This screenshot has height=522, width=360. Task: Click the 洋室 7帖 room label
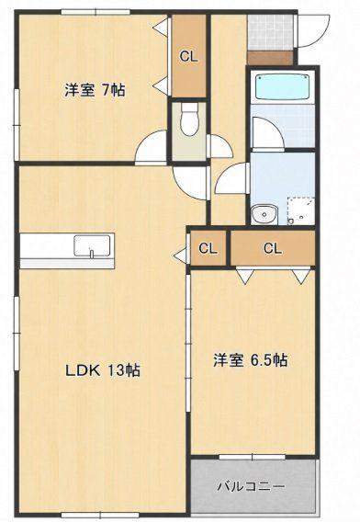[x=95, y=90]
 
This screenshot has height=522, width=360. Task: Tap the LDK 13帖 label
[x=103, y=370]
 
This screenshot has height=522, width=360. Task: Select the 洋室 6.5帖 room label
[x=251, y=360]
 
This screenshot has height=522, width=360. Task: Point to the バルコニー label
[x=252, y=487]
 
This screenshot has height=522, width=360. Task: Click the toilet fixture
[x=189, y=119]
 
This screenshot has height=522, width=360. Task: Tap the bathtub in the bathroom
[x=283, y=86]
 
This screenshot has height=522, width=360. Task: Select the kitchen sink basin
[x=92, y=246]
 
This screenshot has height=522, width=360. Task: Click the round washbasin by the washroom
[x=264, y=214]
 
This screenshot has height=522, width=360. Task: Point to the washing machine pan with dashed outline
[x=300, y=211]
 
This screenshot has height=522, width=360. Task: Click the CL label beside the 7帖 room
[x=188, y=57]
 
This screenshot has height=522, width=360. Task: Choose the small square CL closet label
[x=208, y=248]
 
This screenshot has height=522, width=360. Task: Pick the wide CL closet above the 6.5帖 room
[x=273, y=248]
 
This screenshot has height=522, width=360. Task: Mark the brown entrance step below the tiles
[x=270, y=58]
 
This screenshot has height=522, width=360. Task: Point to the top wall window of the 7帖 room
[x=96, y=12]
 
